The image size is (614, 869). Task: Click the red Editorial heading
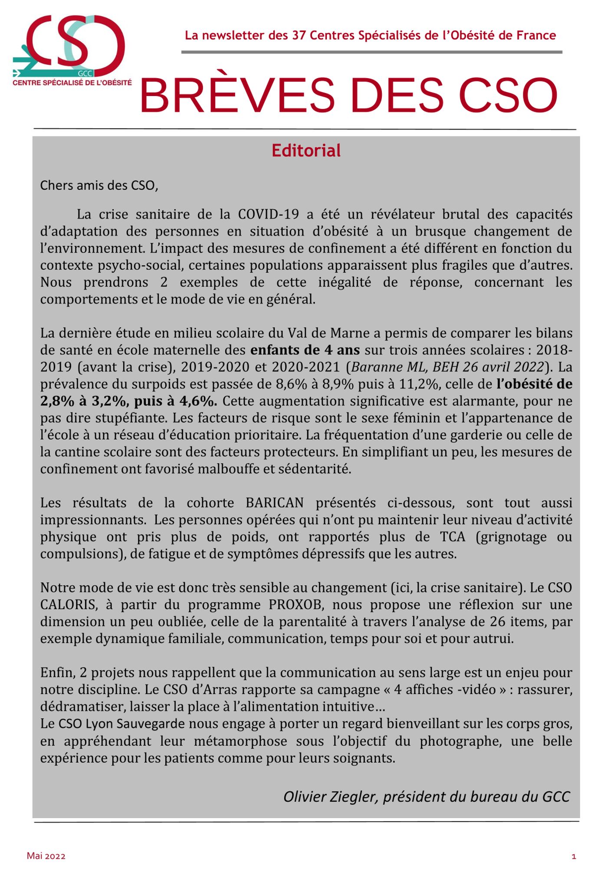pyautogui.click(x=306, y=151)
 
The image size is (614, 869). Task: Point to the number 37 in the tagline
pyautogui.click(x=299, y=35)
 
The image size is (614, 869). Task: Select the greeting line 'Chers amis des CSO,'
pyautogui.click(x=99, y=186)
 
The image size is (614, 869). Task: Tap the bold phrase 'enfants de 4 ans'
pyautogui.click(x=305, y=350)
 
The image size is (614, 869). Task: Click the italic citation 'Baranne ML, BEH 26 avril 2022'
pyautogui.click(x=447, y=367)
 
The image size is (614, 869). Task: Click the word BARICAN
pyautogui.click(x=274, y=503)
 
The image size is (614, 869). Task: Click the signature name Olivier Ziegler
pyautogui.click(x=330, y=796)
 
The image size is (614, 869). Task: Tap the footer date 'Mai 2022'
pyautogui.click(x=46, y=856)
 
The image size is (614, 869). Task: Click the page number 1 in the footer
pyautogui.click(x=574, y=856)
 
